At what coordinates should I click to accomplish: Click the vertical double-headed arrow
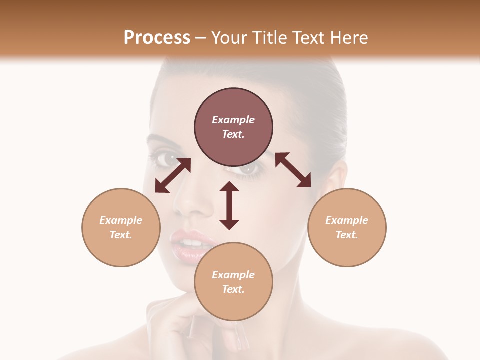[x=229, y=205]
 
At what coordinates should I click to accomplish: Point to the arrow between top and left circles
[x=173, y=175]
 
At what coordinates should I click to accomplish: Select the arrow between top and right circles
[x=293, y=170]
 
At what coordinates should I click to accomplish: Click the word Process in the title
[x=157, y=37]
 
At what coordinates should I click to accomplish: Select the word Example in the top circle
[x=233, y=120]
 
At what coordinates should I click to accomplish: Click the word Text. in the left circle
[x=121, y=235]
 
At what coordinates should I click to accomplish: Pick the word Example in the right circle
[x=347, y=220]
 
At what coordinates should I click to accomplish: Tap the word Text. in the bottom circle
[x=233, y=289]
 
